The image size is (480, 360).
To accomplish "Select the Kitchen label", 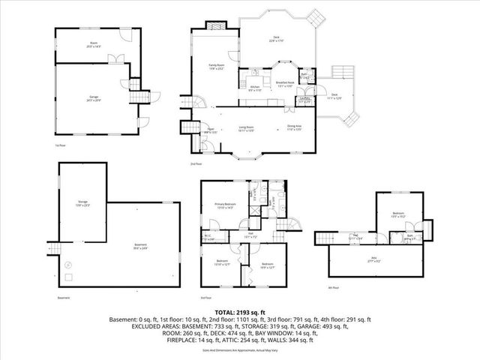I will [x=254, y=89].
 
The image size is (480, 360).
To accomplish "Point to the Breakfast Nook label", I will [x=285, y=84].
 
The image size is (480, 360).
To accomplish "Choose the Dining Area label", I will [x=294, y=127].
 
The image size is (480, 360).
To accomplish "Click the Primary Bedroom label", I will [x=226, y=205].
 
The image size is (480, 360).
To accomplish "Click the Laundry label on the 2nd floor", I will [x=304, y=99].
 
